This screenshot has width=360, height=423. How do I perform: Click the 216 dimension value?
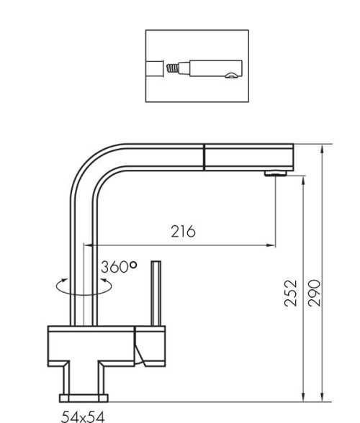[x=183, y=231]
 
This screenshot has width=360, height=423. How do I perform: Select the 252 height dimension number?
[x=291, y=294]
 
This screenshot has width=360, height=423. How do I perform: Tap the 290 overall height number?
[x=314, y=293]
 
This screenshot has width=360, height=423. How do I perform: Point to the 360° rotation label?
[x=119, y=267]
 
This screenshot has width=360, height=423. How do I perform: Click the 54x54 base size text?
[x=83, y=417]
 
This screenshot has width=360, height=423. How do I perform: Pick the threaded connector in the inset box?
[x=173, y=68]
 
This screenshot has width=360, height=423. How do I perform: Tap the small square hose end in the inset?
[x=155, y=68]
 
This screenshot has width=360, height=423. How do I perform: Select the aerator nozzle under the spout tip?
[x=276, y=173]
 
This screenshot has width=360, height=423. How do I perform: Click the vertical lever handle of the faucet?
[x=156, y=294]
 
